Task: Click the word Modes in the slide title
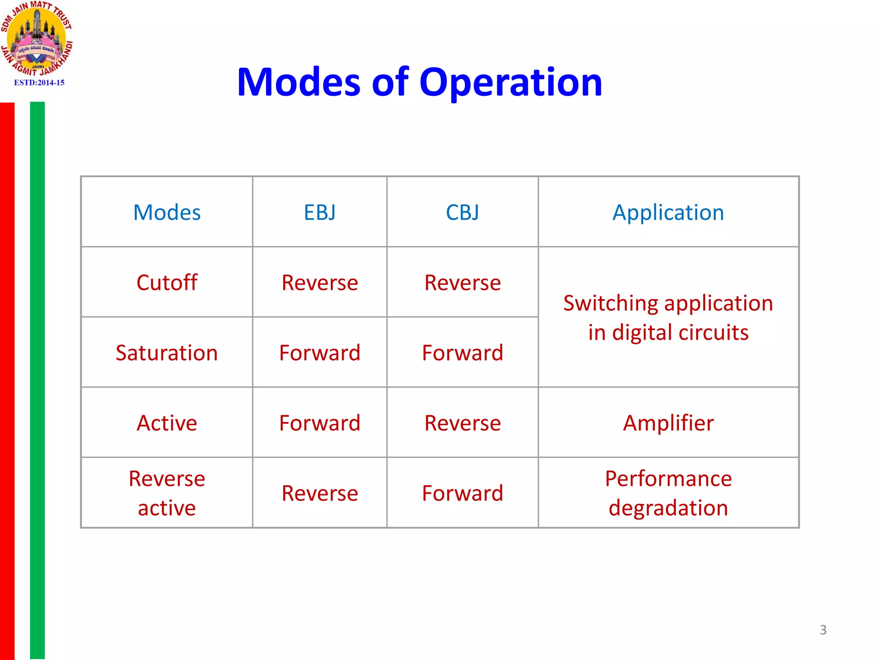298,82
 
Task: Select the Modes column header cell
167,212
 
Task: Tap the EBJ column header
320,212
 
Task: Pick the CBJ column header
462,212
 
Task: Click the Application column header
668,212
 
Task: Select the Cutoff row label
167,283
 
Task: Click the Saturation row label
167,353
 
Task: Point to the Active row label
167,423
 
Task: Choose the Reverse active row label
167,493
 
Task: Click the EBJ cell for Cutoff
320,283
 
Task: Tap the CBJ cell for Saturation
462,353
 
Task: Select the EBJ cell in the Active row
320,423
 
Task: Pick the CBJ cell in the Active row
462,423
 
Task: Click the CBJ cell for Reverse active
462,493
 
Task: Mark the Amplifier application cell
668,423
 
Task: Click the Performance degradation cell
668,493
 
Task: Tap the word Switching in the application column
610,303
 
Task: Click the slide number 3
823,630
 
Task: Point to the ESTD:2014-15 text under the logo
39,82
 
